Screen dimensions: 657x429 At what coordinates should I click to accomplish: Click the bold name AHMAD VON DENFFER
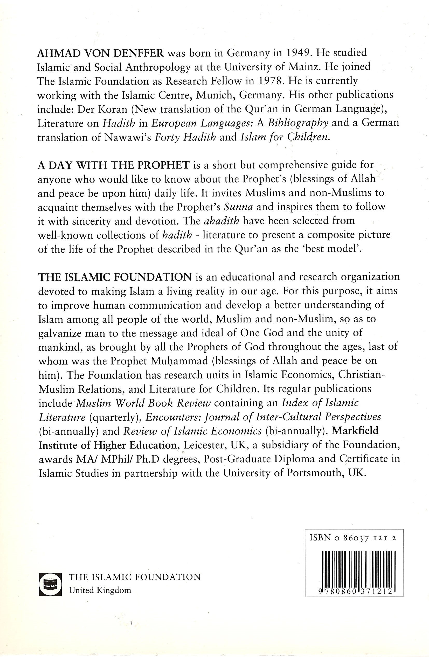click(x=101, y=53)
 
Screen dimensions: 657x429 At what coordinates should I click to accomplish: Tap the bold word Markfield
click(x=355, y=431)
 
